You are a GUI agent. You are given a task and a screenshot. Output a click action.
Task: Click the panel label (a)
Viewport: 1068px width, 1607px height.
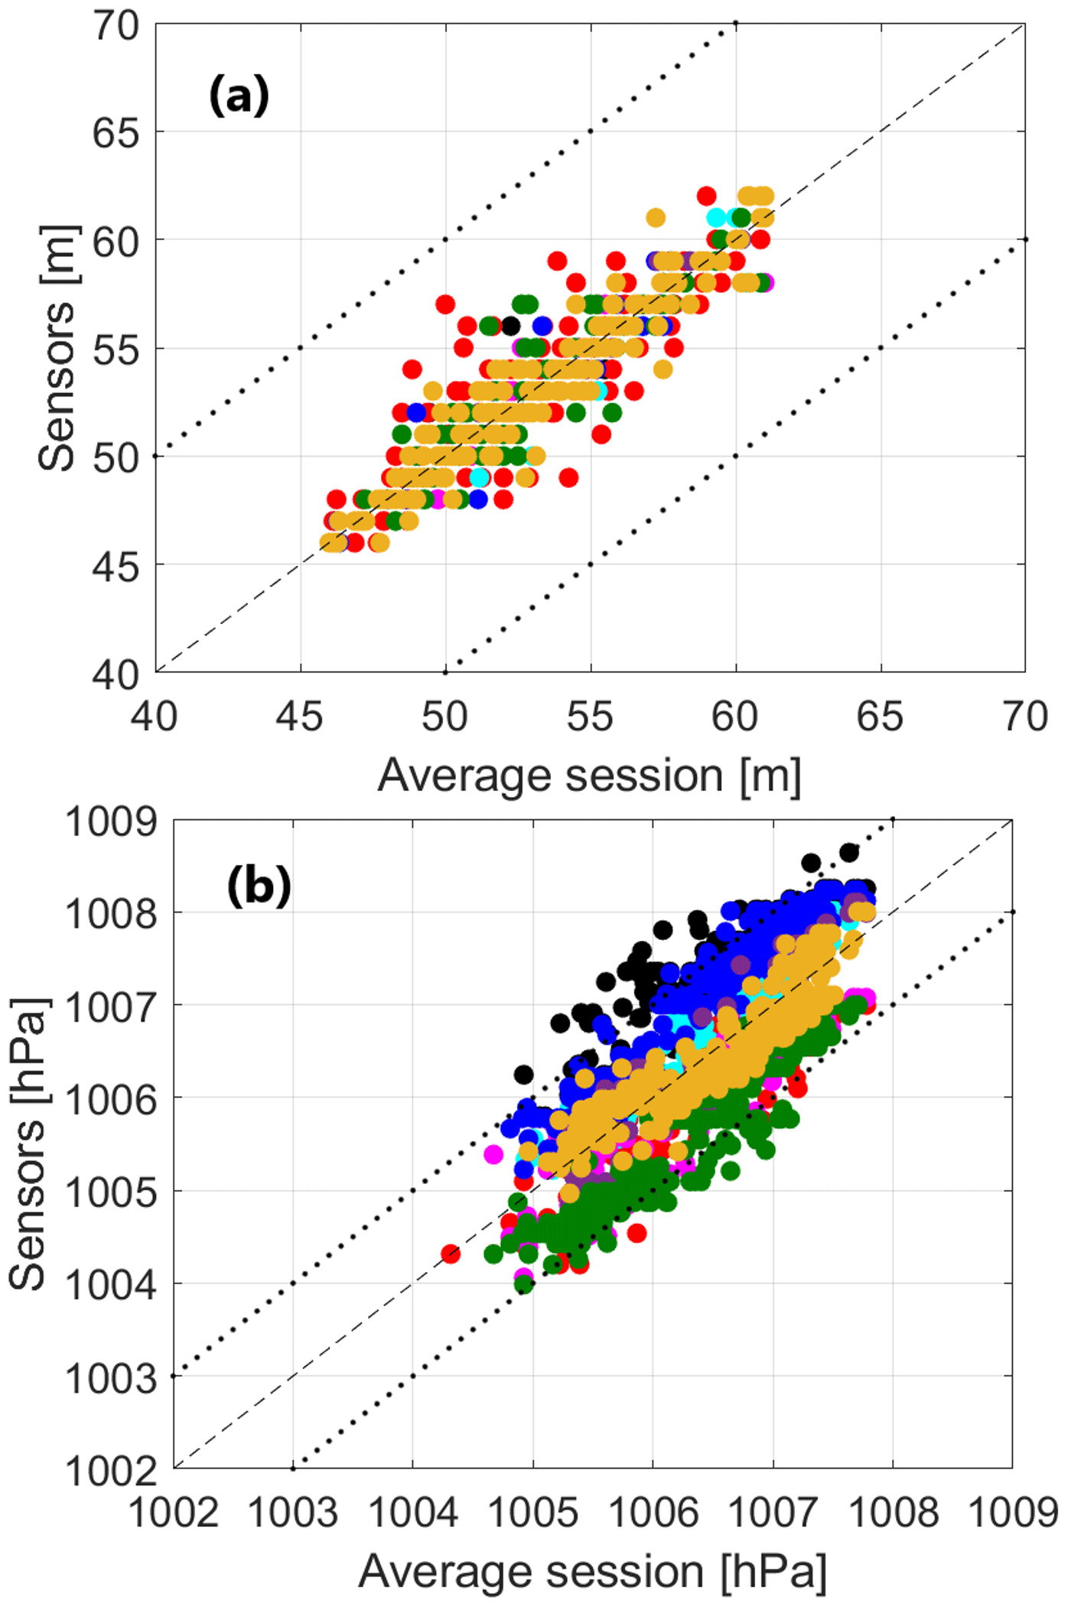pos(239,96)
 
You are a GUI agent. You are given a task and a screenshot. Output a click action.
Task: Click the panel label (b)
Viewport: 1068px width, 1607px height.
pos(259,886)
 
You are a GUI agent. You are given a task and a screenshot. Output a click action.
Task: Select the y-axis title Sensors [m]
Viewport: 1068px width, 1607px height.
pos(57,348)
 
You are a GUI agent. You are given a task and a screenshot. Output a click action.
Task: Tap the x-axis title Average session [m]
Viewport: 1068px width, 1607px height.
pos(589,776)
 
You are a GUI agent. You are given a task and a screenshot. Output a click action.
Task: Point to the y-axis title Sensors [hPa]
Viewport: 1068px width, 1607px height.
pos(28,1144)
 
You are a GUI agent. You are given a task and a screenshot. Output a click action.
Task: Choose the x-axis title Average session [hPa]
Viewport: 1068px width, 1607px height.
pos(592,1573)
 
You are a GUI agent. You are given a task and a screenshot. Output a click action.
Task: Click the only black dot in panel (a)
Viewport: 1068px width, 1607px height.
pos(510,326)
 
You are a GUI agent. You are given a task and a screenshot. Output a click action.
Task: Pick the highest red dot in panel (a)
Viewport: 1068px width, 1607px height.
pos(706,196)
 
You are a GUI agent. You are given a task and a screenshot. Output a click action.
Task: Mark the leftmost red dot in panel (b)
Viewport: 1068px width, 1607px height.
pos(451,1254)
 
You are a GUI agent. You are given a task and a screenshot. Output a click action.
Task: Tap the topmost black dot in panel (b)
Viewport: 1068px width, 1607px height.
pos(848,852)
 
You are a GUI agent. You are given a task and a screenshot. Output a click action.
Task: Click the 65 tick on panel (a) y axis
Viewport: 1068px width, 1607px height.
pos(116,133)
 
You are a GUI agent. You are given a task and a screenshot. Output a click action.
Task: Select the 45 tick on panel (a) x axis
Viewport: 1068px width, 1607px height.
pos(300,717)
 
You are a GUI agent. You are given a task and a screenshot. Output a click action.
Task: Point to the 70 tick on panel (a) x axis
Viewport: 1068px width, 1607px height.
pos(1025,717)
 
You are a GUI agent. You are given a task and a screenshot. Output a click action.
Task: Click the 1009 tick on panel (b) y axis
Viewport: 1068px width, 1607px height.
pos(112,823)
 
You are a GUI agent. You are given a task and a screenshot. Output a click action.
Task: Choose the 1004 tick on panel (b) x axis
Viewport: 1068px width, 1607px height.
pos(413,1514)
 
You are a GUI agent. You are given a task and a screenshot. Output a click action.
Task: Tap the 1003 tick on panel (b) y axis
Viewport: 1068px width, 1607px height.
pos(112,1380)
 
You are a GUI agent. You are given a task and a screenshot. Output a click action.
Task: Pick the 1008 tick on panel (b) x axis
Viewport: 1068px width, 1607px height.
pos(893,1514)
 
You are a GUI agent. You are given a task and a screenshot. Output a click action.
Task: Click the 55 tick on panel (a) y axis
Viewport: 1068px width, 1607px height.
pos(116,350)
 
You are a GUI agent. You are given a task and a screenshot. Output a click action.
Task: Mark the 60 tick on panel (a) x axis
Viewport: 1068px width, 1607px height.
pos(735,717)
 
